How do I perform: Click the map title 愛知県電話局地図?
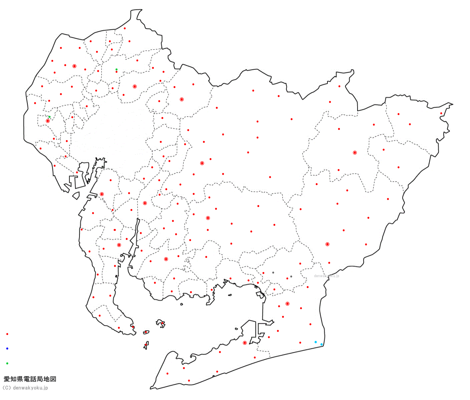[x=30, y=379]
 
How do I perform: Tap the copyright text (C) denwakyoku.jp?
[x=25, y=388]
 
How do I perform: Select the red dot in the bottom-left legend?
[x=7, y=334]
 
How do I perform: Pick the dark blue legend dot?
[x=7, y=348]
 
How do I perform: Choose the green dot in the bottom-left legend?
[x=7, y=363]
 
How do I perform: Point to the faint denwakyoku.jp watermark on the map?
[x=327, y=276]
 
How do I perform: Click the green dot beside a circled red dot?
[x=49, y=117]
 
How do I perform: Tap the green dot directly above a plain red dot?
[x=116, y=69]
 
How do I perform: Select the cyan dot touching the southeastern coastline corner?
[x=322, y=344]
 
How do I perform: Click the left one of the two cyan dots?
[x=316, y=342]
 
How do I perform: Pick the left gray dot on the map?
[x=273, y=272]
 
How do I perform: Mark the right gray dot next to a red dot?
[x=291, y=277]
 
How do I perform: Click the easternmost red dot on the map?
[x=441, y=114]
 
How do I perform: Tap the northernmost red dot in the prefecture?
[x=125, y=28]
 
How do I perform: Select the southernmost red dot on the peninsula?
[x=189, y=380]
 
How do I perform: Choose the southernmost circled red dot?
[x=245, y=343]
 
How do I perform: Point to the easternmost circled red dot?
[x=355, y=153]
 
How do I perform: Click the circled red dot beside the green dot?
[x=48, y=121]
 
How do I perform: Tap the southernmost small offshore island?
[x=146, y=345]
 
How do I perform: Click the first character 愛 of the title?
[x=7, y=379]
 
